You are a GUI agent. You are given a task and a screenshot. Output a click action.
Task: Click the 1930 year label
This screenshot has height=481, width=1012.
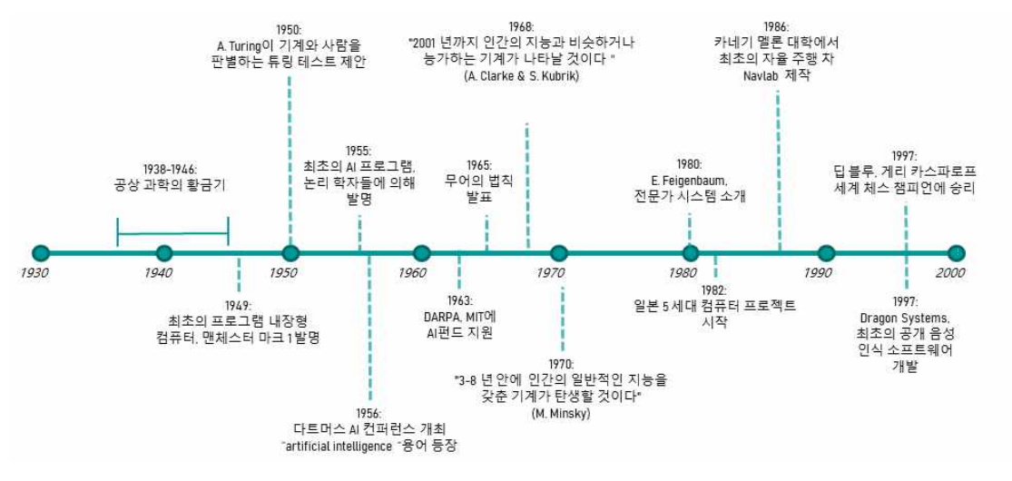[x=35, y=273]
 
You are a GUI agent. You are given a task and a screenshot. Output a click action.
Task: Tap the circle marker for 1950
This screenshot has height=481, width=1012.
[x=290, y=253]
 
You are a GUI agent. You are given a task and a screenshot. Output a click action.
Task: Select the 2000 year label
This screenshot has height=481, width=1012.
[x=950, y=273]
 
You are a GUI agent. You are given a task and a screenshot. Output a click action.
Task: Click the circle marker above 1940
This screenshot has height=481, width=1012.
[x=164, y=253]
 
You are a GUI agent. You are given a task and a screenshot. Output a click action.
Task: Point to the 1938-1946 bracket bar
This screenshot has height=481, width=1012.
[x=172, y=232]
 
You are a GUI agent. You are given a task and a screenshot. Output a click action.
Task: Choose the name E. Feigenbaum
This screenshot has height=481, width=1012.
[x=690, y=180]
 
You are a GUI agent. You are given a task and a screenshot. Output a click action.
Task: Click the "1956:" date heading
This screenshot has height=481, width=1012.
[x=369, y=411]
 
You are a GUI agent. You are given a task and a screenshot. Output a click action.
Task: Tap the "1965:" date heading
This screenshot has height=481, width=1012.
[x=479, y=164]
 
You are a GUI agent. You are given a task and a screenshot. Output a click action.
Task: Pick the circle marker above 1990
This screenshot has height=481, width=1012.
[x=826, y=253]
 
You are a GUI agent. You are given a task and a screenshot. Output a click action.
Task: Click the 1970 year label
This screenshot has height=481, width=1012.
[x=550, y=273]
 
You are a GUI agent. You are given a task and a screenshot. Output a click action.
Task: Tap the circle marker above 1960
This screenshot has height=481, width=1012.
[x=421, y=253]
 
